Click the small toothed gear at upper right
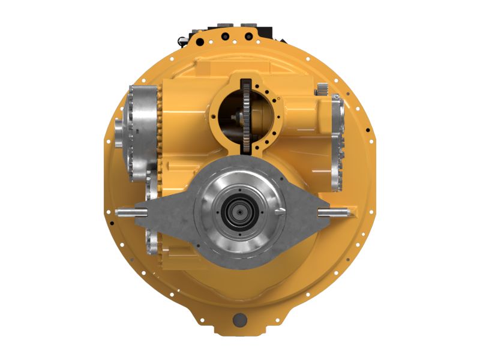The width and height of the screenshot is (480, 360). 322,91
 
